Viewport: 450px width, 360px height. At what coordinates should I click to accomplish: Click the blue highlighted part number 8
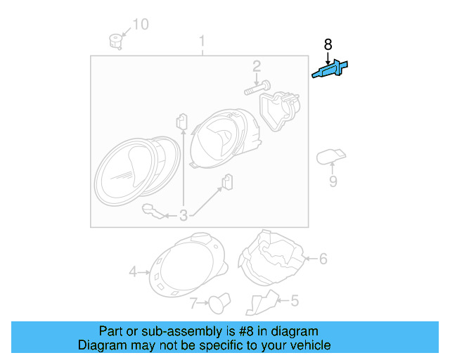click(330, 70)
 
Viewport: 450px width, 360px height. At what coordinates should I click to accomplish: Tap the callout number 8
click(328, 45)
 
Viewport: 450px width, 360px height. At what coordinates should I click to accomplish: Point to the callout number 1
click(202, 40)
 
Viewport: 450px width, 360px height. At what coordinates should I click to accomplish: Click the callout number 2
click(257, 67)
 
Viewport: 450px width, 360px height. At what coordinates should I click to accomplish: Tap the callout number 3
click(183, 215)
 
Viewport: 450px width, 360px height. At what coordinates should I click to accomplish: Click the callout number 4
click(132, 271)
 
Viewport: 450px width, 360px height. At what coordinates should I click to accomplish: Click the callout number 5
click(294, 301)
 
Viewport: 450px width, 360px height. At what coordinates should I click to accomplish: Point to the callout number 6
click(323, 259)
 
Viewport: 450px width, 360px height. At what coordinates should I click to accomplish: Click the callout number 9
click(333, 182)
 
